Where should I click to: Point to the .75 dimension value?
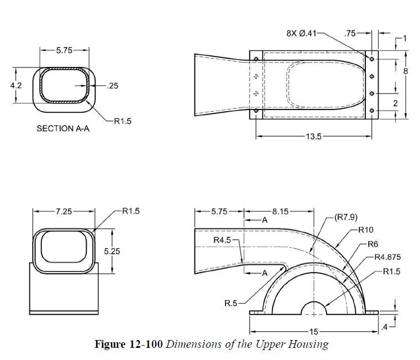pos(349,33)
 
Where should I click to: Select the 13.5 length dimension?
pos(314,136)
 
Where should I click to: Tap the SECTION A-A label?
pos(62,128)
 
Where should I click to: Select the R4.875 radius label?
pos(387,257)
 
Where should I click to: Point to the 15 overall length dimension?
pos(313,332)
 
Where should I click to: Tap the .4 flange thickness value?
pos(386,327)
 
